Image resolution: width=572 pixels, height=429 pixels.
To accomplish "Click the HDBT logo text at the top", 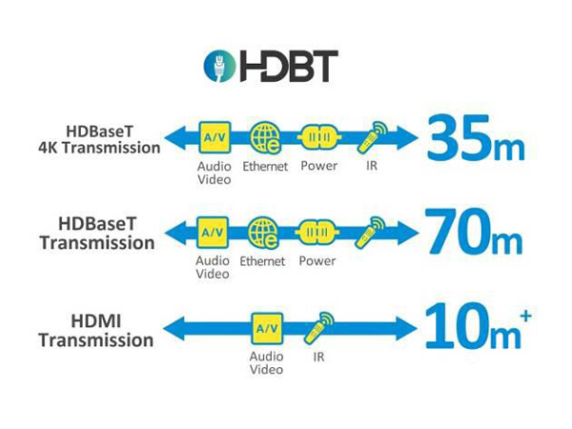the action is tap(289, 66).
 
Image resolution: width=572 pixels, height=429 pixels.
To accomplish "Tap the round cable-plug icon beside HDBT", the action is tap(219, 66).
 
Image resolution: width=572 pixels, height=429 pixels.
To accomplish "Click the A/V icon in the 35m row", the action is tap(214, 137).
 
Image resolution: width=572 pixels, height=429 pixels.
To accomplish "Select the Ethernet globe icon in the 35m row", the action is tap(266, 137).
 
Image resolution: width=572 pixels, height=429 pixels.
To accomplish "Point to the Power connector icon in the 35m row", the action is tap(319, 137).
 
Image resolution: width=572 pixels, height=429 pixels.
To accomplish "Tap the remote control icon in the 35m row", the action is tap(372, 136).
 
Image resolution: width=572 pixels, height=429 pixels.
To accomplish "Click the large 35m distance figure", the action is tap(476, 138).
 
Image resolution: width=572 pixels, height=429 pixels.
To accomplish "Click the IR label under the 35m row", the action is tap(372, 166).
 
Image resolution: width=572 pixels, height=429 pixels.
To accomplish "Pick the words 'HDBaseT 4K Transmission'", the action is tap(99, 140).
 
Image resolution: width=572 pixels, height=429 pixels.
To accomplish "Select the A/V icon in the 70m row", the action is tap(213, 233).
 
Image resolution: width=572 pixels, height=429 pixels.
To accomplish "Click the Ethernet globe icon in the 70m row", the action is tap(263, 233).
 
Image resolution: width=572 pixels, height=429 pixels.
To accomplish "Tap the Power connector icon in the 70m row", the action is tap(317, 233).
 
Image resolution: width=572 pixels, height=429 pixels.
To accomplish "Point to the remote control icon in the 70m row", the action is tap(370, 233).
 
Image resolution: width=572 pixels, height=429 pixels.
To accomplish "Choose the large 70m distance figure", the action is tap(474, 233).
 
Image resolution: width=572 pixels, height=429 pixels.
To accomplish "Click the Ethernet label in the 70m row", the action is tap(262, 261).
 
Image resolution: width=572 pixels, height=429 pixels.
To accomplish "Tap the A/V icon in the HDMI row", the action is tap(267, 329).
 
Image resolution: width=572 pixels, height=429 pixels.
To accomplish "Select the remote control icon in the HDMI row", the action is tap(318, 328).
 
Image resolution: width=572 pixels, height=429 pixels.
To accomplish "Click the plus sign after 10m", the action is tap(525, 316).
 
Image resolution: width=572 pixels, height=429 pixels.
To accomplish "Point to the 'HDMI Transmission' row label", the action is tap(96, 331).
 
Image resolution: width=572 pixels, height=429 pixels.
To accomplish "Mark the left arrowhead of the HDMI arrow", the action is tap(174, 329).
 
